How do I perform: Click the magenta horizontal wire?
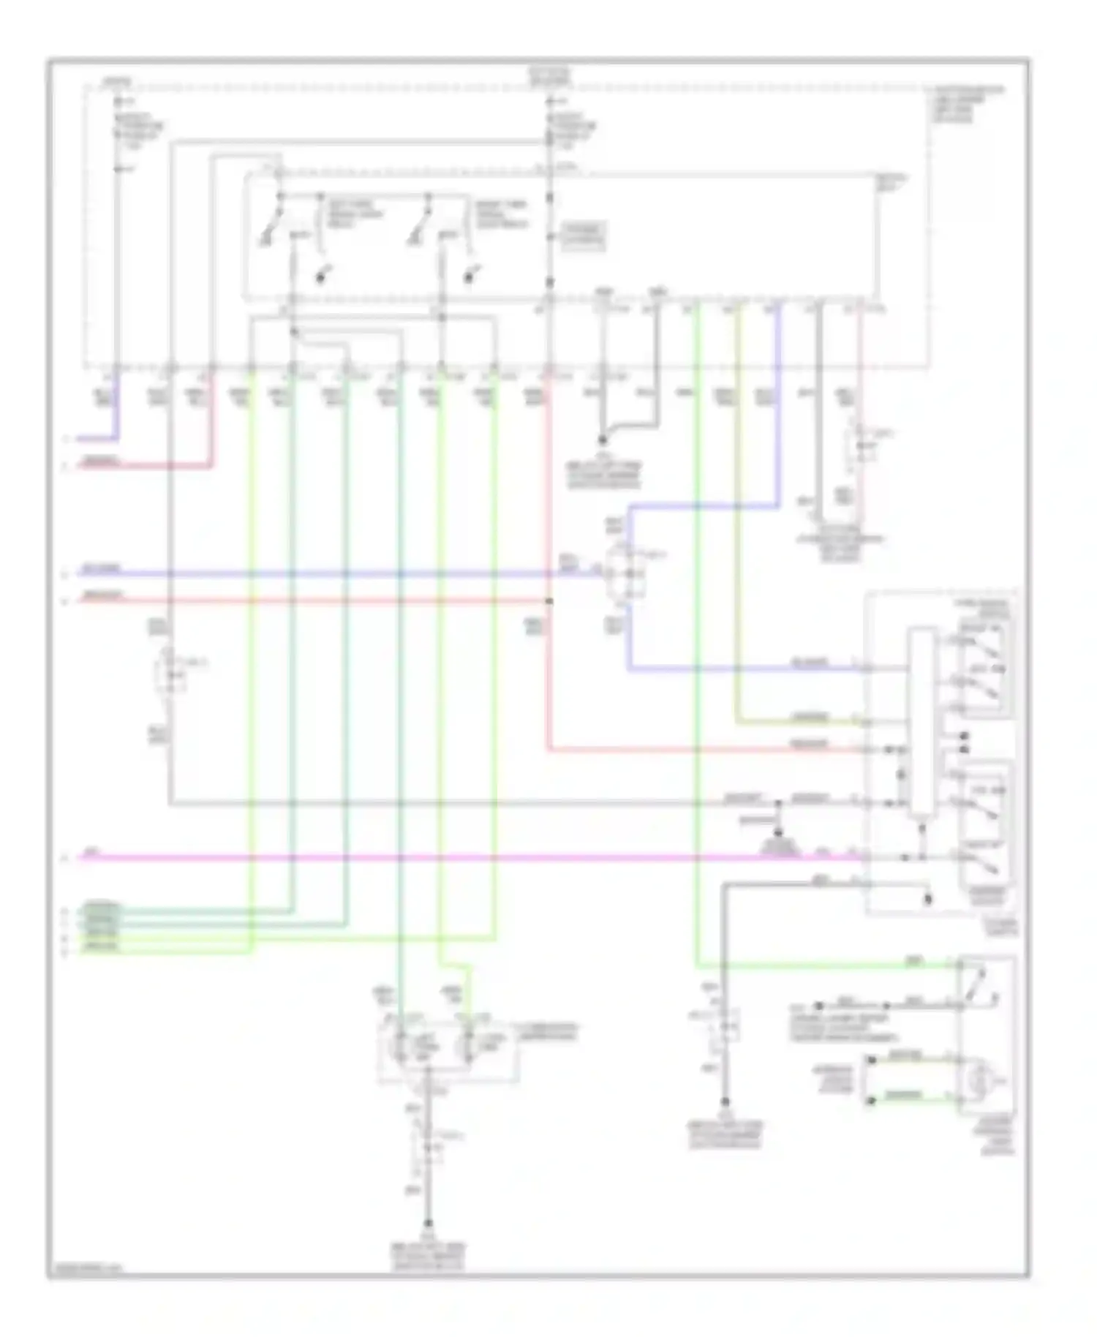[439, 857]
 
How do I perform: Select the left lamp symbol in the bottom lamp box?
[401, 1047]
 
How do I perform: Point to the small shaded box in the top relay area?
[584, 237]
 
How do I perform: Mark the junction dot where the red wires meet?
[549, 601]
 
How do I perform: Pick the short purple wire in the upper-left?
[98, 440]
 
